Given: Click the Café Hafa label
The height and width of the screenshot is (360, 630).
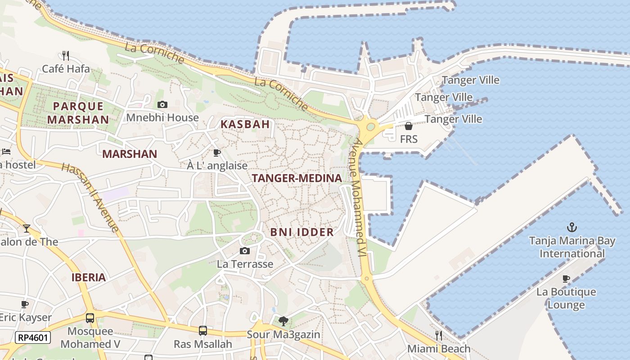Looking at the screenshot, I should (x=66, y=69).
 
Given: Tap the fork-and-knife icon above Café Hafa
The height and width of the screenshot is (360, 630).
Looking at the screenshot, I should (x=66, y=56).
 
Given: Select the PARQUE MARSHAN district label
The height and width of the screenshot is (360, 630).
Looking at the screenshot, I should (x=78, y=113).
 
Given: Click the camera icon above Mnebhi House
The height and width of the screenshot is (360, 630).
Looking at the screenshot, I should (x=162, y=105).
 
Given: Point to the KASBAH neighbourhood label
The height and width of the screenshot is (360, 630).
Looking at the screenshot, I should (x=245, y=125).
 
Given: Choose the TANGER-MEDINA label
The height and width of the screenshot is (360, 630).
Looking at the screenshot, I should (x=297, y=178).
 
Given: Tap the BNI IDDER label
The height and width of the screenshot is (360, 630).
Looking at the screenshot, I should (x=302, y=232).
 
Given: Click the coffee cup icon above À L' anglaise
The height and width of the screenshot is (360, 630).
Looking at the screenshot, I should (x=217, y=153).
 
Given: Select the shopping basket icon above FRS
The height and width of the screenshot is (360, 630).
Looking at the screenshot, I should (x=409, y=126).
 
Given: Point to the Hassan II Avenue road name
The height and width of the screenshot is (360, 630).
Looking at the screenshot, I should (x=90, y=198).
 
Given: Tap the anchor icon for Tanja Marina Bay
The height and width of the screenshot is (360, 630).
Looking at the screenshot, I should (x=571, y=227).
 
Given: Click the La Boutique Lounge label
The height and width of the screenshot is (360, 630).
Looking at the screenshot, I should (x=566, y=298).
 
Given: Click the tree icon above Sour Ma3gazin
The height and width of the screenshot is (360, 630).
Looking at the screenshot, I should (x=283, y=321).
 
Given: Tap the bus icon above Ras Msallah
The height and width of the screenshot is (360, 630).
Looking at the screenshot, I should (x=203, y=331).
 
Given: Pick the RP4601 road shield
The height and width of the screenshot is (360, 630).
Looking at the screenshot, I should (x=33, y=337).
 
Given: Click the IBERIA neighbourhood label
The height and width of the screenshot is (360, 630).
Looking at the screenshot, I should (x=89, y=277).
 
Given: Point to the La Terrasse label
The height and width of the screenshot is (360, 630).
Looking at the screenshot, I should (x=245, y=264).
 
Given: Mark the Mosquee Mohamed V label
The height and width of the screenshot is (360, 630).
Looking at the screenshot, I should (x=90, y=338).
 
